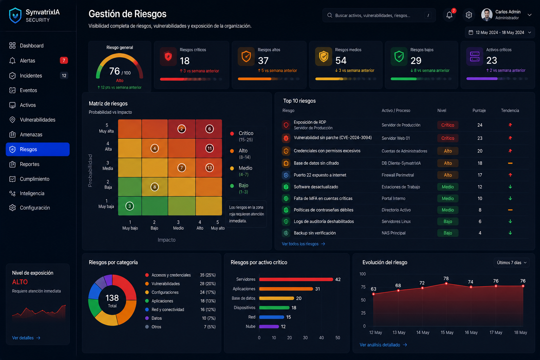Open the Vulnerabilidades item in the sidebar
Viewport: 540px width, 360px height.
click(x=37, y=120)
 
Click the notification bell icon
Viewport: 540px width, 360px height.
click(x=449, y=15)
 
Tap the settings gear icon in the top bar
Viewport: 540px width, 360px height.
click(x=469, y=15)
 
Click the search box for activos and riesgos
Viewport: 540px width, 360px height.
click(x=379, y=15)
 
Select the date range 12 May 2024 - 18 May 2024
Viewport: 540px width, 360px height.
click(x=500, y=33)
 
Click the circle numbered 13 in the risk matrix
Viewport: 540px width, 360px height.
click(x=210, y=168)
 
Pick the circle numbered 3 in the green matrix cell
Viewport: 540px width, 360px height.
click(x=129, y=206)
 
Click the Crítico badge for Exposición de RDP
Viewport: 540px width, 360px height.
click(x=448, y=125)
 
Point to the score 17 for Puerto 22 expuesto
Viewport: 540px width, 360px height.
click(x=480, y=175)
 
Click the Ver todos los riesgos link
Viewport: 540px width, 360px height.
click(x=303, y=244)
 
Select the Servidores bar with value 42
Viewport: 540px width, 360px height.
click(x=296, y=279)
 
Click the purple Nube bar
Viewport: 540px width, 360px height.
click(x=269, y=327)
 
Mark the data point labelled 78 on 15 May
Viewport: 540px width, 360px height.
click(x=446, y=284)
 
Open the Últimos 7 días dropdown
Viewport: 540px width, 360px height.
click(x=512, y=263)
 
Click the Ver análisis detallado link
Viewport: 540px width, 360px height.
click(x=383, y=345)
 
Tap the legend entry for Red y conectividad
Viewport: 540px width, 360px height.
click(x=168, y=310)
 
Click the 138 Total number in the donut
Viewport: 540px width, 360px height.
click(x=112, y=298)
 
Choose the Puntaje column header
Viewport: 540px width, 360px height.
click(x=479, y=110)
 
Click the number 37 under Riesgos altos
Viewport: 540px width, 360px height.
click(x=263, y=60)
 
